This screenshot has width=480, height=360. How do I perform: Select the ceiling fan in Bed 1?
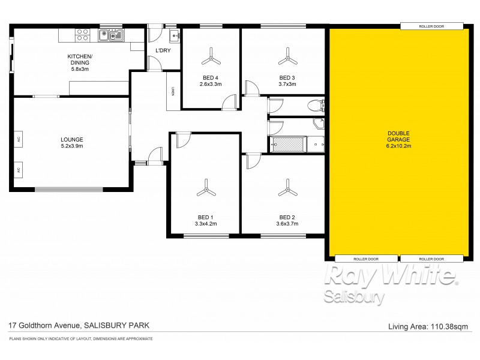coord(206,191)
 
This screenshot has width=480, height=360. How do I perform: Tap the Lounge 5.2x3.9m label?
coord(71,142)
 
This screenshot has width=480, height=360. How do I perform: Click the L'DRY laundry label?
coord(163,50)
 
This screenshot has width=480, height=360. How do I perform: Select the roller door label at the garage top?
coord(431,26)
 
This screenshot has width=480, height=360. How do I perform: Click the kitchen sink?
coord(112,36)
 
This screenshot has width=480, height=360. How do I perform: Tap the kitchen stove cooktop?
coord(82,36)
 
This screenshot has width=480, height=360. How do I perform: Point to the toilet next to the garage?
coord(315,106)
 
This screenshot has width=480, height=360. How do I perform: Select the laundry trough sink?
coord(175,36)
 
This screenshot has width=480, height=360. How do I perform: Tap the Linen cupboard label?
coord(173,91)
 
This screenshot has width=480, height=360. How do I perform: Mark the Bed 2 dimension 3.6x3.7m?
coord(288,224)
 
